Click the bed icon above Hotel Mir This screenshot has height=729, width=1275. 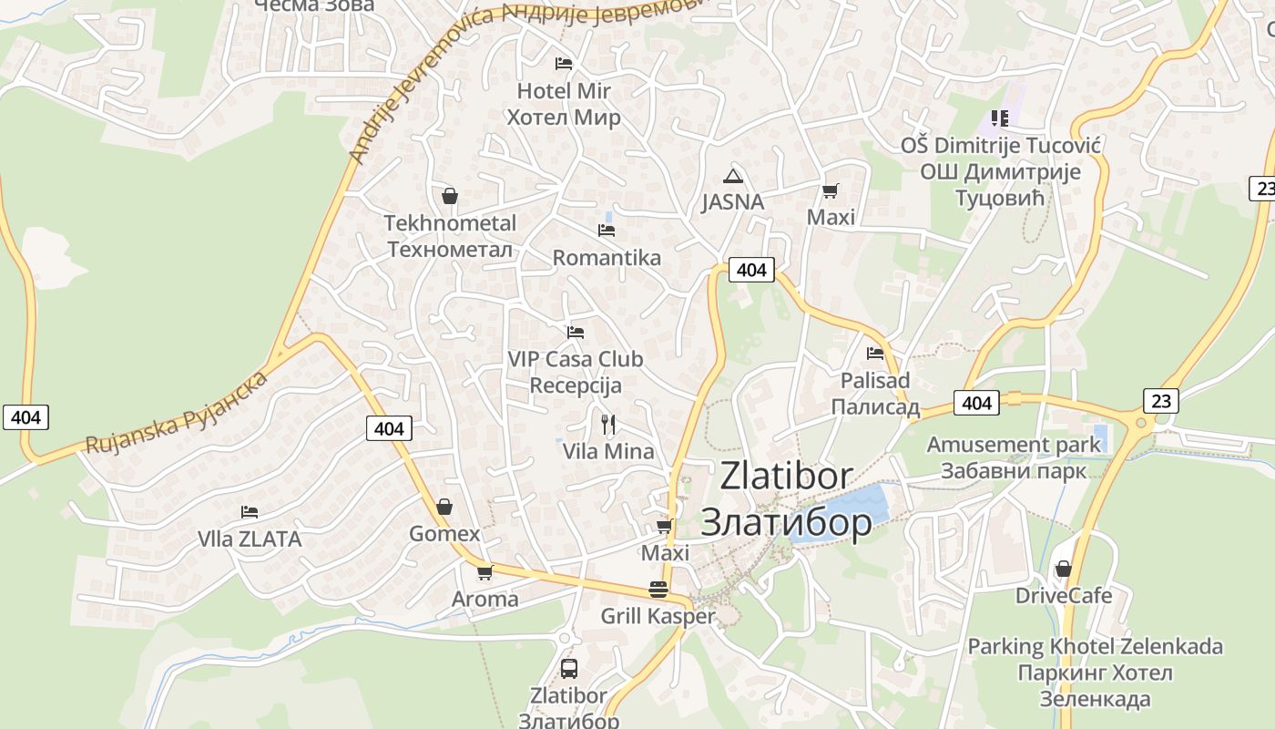[564, 63]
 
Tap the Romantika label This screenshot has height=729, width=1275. [607, 258]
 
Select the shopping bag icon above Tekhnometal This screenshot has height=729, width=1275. [449, 195]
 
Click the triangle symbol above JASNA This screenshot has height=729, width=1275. [732, 176]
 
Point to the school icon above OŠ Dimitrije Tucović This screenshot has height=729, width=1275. [1000, 118]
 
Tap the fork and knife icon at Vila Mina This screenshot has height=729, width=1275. [608, 424]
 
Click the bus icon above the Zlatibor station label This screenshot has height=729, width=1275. [568, 668]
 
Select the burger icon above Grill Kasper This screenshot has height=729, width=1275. [658, 590]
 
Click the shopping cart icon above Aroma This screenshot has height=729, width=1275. [484, 572]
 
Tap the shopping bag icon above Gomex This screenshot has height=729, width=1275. [444, 507]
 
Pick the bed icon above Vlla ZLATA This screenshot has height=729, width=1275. [250, 512]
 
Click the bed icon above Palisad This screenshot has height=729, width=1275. [875, 354]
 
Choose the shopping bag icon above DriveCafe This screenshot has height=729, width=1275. [1063, 570]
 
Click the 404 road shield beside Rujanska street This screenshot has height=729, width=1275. [25, 417]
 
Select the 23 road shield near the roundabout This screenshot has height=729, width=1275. [1161, 400]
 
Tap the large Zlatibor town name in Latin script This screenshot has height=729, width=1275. [787, 476]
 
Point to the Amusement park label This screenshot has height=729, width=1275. [1014, 445]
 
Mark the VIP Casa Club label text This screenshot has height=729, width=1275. [576, 359]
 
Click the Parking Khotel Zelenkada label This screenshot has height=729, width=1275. [1095, 647]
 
